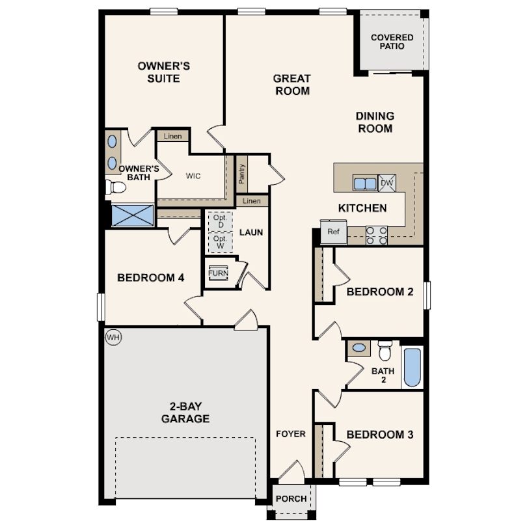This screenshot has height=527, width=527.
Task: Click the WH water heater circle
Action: click(x=114, y=337)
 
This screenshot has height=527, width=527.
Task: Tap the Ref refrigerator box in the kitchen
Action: click(x=334, y=232)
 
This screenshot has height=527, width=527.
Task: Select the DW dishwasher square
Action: click(x=387, y=183)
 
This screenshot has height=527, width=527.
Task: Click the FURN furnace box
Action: click(x=218, y=273)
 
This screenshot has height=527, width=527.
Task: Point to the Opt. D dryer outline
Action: click(x=220, y=221)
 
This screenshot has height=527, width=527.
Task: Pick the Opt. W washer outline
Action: click(x=220, y=243)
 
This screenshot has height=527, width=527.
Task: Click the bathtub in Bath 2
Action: click(x=412, y=368)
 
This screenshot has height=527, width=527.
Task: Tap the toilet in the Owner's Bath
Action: click(x=115, y=188)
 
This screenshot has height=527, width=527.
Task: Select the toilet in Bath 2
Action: click(x=385, y=351)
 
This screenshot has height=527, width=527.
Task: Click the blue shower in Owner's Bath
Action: click(x=133, y=215)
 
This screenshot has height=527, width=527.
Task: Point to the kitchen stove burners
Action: click(x=377, y=235)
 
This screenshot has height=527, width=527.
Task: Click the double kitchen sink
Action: click(x=365, y=183)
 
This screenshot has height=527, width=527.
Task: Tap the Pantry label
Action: click(x=241, y=172)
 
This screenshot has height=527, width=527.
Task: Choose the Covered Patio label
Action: click(x=392, y=42)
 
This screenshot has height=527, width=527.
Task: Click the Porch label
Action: click(x=291, y=499)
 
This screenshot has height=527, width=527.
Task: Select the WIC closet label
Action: click(x=193, y=176)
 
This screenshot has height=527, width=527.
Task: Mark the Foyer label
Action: click(x=290, y=434)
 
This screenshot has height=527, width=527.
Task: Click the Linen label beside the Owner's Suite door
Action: click(x=172, y=136)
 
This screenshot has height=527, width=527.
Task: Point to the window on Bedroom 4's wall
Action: click(x=101, y=306)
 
